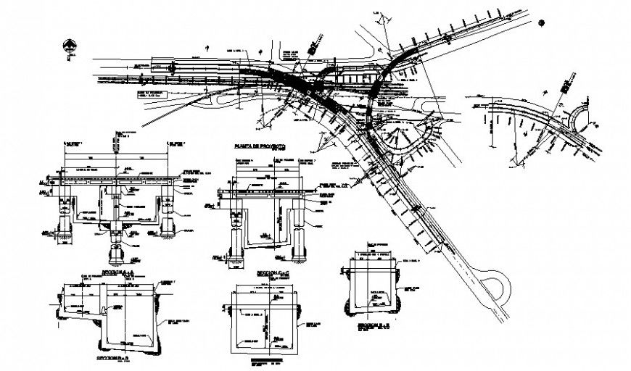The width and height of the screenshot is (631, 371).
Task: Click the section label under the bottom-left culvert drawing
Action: point(117,357)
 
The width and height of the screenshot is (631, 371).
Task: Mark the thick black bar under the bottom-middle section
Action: point(265,359)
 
